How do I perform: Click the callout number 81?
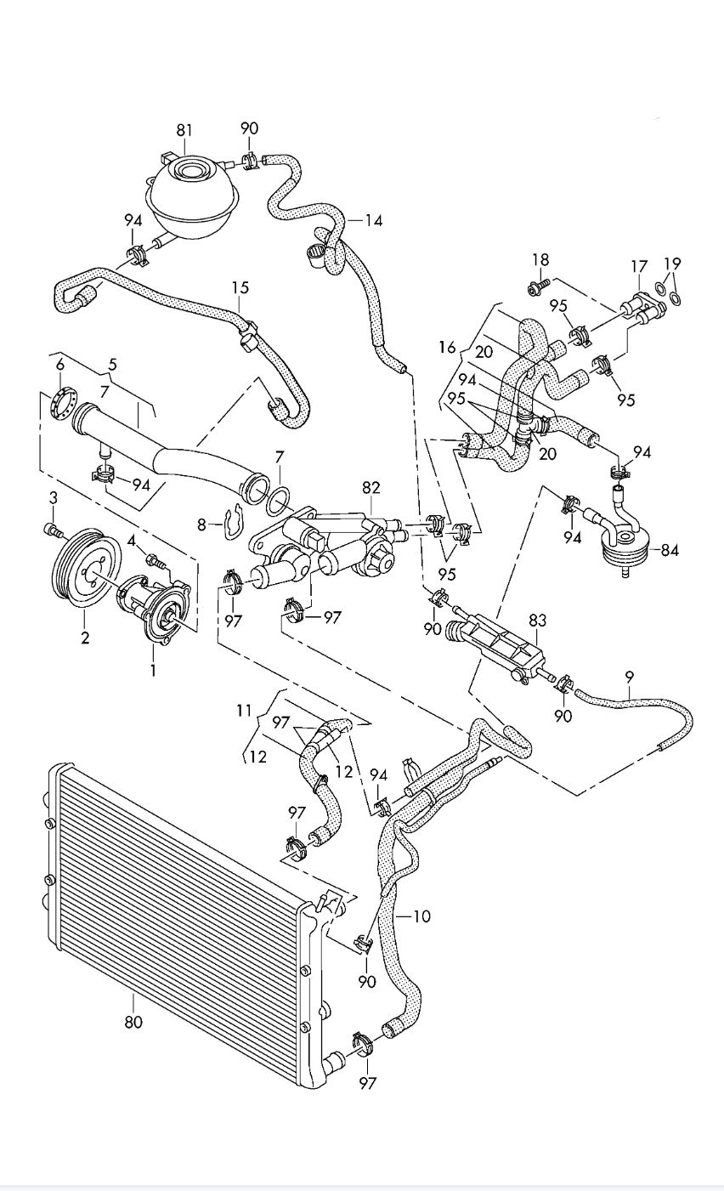184,131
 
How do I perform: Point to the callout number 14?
374,221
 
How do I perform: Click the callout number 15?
240,287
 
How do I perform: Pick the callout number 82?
371,488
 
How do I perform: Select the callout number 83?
537,620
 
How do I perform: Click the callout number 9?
630,678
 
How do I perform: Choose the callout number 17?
640,266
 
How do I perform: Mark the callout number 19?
672,264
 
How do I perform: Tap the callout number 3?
54,498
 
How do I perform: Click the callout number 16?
448,347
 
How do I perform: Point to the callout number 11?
244,711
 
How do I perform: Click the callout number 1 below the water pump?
153,671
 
